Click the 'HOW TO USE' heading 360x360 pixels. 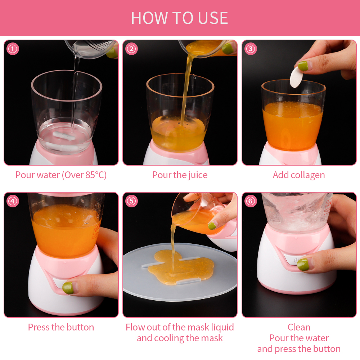click(x=180, y=18)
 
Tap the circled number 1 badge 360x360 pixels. click(x=13, y=49)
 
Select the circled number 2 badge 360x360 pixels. click(x=131, y=49)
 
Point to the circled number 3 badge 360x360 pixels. click(x=251, y=49)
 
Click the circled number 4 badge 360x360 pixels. click(x=13, y=201)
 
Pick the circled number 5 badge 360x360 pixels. click(x=131, y=201)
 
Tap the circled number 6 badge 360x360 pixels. click(x=251, y=201)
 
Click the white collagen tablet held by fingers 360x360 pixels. click(x=296, y=77)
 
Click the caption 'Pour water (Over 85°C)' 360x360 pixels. click(x=61, y=175)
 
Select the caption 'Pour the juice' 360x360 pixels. click(x=180, y=175)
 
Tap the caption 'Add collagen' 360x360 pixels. click(x=299, y=175)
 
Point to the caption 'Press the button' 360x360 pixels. click(x=61, y=327)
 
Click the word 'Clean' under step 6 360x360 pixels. click(x=299, y=327)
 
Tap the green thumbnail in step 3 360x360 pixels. click(x=303, y=66)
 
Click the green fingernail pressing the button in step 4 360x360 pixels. click(x=68, y=288)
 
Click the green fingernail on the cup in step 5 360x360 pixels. click(x=212, y=226)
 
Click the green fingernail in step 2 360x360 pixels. click(x=228, y=49)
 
